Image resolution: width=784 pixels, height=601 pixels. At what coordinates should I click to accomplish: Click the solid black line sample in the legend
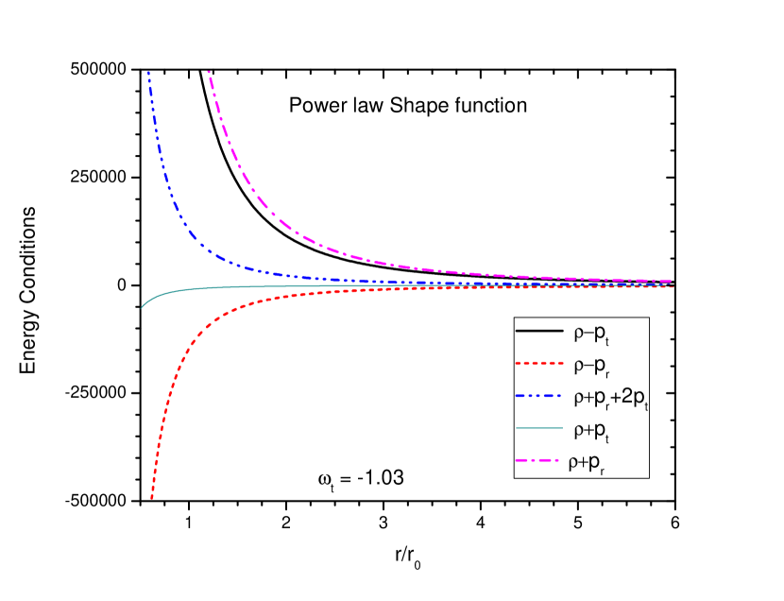[x=538, y=332]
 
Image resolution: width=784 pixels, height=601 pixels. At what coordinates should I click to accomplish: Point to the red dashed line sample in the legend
[x=538, y=364]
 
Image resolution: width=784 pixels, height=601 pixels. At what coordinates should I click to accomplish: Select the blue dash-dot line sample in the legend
[x=538, y=396]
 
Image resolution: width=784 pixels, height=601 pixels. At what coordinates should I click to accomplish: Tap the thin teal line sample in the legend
[x=538, y=428]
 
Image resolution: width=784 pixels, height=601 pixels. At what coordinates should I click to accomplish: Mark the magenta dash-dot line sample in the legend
[x=538, y=460]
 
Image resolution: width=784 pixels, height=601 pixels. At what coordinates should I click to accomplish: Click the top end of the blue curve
[x=148, y=72]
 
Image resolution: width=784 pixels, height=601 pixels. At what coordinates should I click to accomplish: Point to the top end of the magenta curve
[x=208, y=72]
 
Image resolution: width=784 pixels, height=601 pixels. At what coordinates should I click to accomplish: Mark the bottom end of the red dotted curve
[x=151, y=497]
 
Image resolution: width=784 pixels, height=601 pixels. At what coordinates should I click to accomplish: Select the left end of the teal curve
[x=141, y=308]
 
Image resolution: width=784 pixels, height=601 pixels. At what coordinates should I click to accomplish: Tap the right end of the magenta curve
[x=672, y=281]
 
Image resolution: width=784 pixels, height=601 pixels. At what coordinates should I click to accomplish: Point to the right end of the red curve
[x=672, y=286]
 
